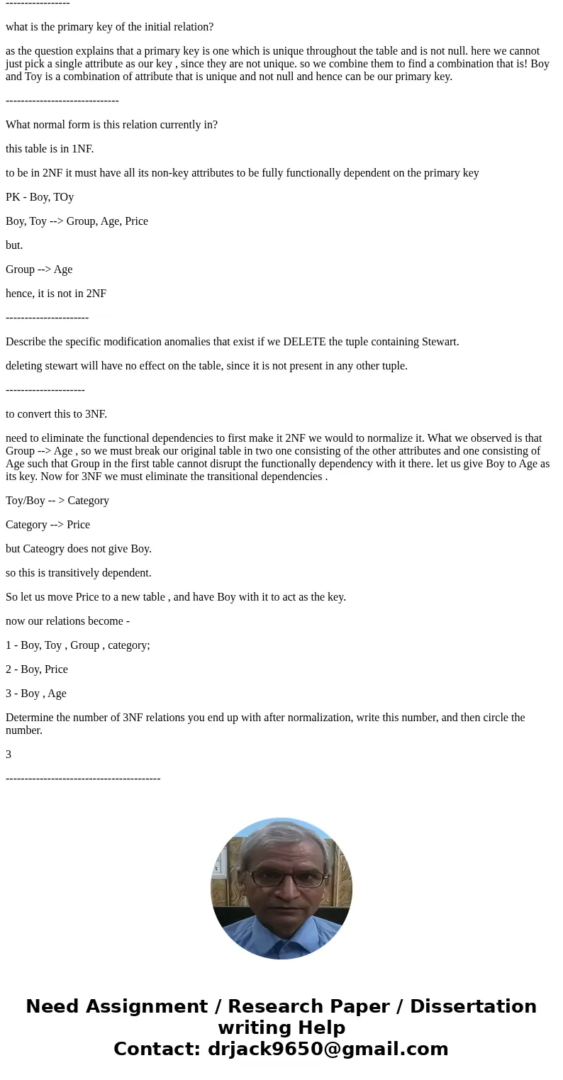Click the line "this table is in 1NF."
[x=50, y=149]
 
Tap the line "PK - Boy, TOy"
[x=40, y=197]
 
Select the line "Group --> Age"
[x=39, y=269]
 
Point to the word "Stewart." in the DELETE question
[x=440, y=342]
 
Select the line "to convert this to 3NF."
[x=56, y=414]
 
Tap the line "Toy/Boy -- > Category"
[x=57, y=501]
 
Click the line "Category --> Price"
[x=48, y=525]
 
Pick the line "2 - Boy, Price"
[x=37, y=669]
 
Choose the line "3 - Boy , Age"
[x=36, y=694]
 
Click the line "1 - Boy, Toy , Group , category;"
[x=78, y=645]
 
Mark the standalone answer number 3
[x=9, y=755]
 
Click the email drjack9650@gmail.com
[x=328, y=1050]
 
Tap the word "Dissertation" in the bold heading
[x=473, y=1007]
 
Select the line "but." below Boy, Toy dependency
[x=14, y=245]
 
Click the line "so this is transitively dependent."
[x=79, y=573]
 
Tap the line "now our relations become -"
[x=67, y=621]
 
